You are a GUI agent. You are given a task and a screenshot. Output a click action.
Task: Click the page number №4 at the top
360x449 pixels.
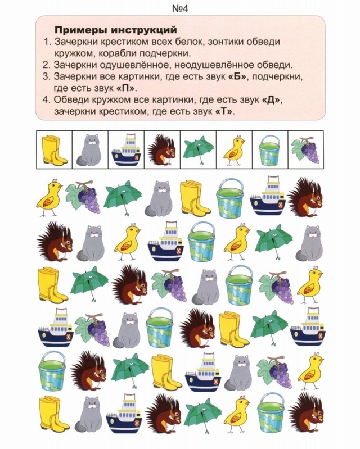coord(180,8)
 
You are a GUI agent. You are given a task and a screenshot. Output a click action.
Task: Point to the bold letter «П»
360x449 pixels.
coord(126,88)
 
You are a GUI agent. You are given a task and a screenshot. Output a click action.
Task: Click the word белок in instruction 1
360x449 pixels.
coord(187,42)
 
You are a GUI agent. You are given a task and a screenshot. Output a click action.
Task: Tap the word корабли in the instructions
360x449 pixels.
coord(122,54)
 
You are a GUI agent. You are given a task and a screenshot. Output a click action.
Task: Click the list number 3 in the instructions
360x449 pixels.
coord(46,77)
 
